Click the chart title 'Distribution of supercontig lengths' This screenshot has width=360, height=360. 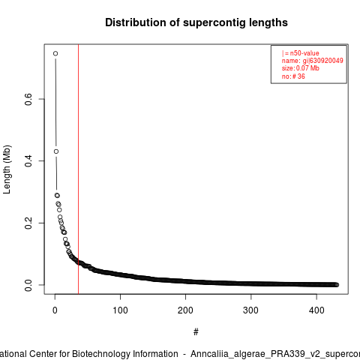coord(196,22)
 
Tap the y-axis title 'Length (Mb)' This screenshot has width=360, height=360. coord(7,169)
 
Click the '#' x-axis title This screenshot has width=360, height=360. coord(196,332)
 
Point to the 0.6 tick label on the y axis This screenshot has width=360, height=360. coord(28,99)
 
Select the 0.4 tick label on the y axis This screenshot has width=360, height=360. coord(28,161)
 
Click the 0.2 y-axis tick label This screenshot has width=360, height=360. coord(28,223)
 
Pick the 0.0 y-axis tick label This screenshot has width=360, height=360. coord(28,285)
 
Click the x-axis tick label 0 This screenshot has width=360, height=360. coord(55,310)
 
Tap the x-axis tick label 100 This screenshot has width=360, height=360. coord(120,310)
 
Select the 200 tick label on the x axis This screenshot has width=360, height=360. coord(185,310)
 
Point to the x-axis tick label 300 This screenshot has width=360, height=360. coord(250,310)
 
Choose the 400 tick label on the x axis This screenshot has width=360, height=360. coord(316,310)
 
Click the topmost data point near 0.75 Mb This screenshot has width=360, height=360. coord(55,53)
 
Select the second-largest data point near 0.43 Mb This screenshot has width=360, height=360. coord(56,151)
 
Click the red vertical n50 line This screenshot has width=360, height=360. coord(78,169)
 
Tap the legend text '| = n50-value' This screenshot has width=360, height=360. coord(300,53)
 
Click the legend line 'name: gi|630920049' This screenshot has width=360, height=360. coord(312,61)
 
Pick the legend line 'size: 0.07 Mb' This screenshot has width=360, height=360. coord(300,68)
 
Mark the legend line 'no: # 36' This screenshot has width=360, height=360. coord(293,76)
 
